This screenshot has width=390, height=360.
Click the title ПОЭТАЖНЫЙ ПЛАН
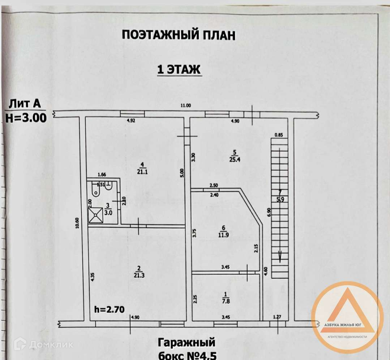tap(179, 35)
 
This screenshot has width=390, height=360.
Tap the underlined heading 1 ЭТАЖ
tap(179, 70)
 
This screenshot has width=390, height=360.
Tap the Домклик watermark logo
tap(43, 344)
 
